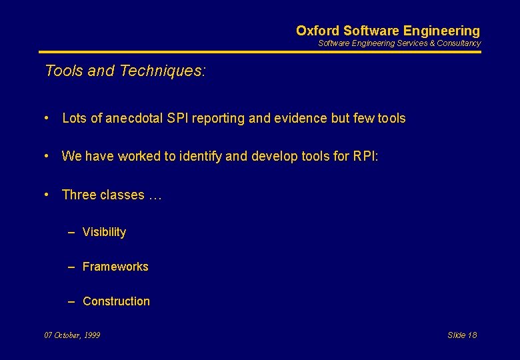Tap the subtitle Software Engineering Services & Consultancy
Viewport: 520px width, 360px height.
[399, 43]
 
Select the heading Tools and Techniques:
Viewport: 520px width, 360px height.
[125, 71]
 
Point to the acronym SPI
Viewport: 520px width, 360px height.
[178, 119]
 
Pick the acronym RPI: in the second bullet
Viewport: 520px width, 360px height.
[365, 157]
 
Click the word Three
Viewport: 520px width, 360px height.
[79, 195]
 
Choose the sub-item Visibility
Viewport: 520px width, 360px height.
[104, 232]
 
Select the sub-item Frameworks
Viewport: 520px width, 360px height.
[115, 267]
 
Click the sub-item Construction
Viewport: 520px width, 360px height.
[116, 301]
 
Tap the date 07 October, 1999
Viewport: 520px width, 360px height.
[72, 335]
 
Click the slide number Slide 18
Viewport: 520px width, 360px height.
[462, 335]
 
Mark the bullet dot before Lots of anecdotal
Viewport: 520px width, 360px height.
[47, 119]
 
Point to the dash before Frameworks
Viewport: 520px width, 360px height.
[71, 267]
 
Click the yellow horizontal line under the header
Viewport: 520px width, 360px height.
[259, 51]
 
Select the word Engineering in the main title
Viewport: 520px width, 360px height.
[441, 31]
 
